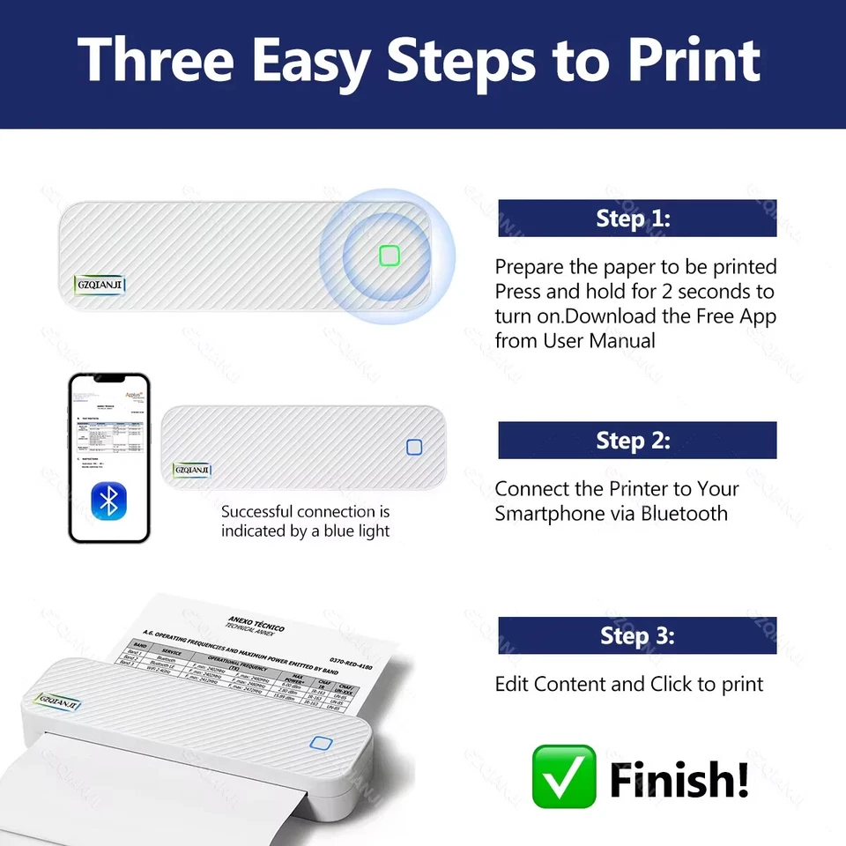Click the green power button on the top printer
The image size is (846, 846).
(389, 256)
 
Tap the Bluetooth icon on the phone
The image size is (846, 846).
(109, 501)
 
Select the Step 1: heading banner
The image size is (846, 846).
(636, 219)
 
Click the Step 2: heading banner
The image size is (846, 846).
(636, 440)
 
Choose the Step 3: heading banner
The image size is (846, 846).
(636, 635)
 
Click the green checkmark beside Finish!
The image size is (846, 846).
(563, 776)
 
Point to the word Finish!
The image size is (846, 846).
(679, 778)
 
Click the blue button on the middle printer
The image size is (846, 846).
(414, 448)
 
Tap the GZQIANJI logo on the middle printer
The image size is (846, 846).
(192, 470)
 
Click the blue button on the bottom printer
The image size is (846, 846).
(320, 743)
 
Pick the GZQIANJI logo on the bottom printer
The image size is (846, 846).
(58, 703)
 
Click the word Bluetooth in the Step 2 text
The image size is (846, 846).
(684, 513)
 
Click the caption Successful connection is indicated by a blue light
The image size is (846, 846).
(305, 521)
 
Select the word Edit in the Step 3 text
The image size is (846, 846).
(511, 684)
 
